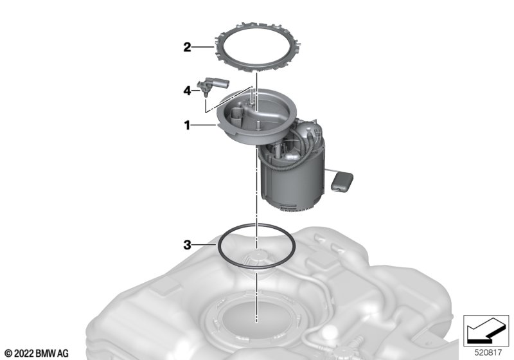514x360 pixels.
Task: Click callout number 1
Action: point(187,125)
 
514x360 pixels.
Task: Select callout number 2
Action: point(187,47)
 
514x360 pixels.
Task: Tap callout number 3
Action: point(187,244)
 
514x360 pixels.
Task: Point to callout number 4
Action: point(187,91)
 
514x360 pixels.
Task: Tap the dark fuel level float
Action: point(342,181)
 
